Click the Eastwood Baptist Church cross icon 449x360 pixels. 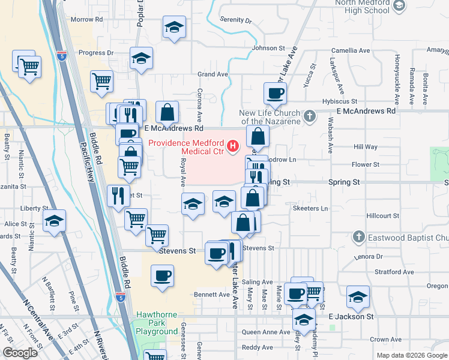pos(358,237)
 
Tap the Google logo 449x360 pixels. pos(20,353)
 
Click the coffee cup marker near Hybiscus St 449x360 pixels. pos(275,94)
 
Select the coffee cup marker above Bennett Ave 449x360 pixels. pos(162,276)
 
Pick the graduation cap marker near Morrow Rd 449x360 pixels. pos(174,28)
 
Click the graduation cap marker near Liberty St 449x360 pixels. pos(54,221)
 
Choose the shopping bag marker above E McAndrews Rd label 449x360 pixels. pos(167,112)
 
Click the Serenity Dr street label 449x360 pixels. pos(235,20)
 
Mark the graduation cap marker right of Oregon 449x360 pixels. pos(358,296)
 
